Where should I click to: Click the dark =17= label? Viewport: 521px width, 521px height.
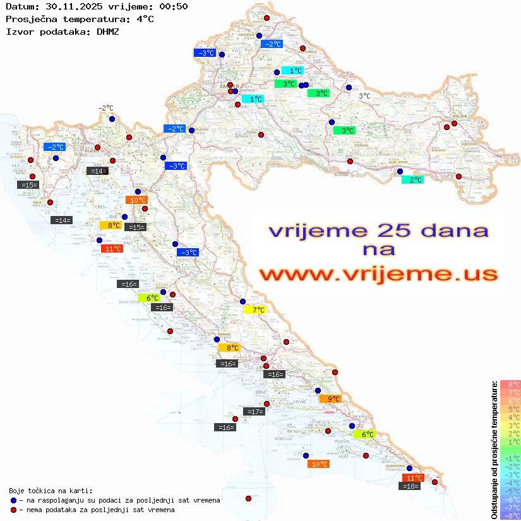click(254, 412)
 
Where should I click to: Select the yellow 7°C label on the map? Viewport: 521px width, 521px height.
click(255, 310)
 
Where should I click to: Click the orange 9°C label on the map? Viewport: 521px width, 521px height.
click(330, 399)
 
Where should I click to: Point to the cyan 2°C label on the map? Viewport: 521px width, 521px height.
click(412, 180)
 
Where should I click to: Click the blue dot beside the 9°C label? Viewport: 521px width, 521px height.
click(318, 390)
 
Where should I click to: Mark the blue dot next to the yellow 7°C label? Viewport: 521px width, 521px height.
click(243, 301)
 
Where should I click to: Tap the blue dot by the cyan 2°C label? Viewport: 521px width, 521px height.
click(399, 171)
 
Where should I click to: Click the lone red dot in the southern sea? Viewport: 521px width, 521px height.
click(248, 498)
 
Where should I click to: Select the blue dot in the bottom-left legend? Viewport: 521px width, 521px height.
click(13, 500)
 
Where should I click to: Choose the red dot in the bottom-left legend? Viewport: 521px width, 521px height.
click(13, 510)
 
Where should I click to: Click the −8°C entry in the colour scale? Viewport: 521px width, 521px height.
click(510, 515)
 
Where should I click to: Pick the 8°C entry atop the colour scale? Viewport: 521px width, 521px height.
click(510, 385)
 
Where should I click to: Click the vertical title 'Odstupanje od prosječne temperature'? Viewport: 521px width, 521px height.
click(494, 450)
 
